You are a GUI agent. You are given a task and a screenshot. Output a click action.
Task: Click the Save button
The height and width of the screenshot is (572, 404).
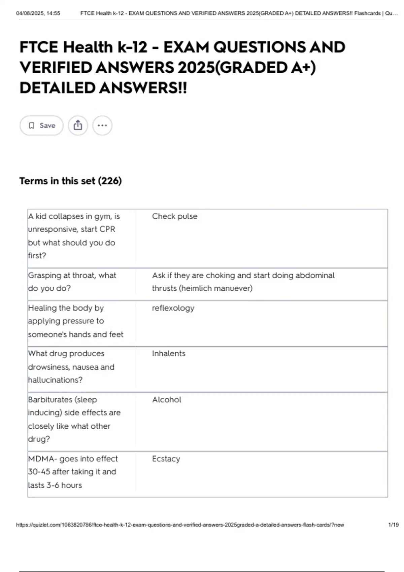[41, 126]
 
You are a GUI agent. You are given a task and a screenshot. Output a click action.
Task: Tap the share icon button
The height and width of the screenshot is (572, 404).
[78, 126]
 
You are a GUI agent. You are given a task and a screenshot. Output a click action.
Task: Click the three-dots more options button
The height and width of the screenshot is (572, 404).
[102, 126]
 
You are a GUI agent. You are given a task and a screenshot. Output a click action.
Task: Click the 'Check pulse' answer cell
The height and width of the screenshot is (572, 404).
[174, 216]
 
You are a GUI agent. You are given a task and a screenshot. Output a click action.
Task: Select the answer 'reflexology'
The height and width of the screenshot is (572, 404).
[173, 308]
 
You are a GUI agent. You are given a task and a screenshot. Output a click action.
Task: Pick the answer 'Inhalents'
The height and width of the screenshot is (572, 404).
[168, 354]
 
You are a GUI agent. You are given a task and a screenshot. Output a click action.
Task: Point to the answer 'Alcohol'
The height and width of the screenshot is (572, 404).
[167, 400]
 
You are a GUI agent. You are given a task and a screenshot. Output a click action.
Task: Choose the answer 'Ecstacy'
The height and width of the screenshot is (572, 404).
[166, 459]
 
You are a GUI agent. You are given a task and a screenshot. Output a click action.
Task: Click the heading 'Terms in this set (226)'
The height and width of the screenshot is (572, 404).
[70, 181]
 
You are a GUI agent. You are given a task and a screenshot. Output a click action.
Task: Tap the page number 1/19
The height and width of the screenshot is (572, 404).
[393, 525]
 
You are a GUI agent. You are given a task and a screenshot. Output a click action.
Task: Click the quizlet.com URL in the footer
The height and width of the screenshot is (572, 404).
[180, 525]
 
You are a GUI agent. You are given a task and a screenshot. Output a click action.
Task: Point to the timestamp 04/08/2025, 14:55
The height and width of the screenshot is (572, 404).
[38, 13]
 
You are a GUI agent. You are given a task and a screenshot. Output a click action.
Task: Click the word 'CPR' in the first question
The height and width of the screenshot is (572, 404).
[107, 229]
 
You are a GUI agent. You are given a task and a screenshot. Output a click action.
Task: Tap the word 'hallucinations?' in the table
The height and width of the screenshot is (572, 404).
[55, 380]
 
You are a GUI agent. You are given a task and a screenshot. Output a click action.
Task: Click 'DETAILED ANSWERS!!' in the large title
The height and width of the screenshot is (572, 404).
[103, 88]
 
